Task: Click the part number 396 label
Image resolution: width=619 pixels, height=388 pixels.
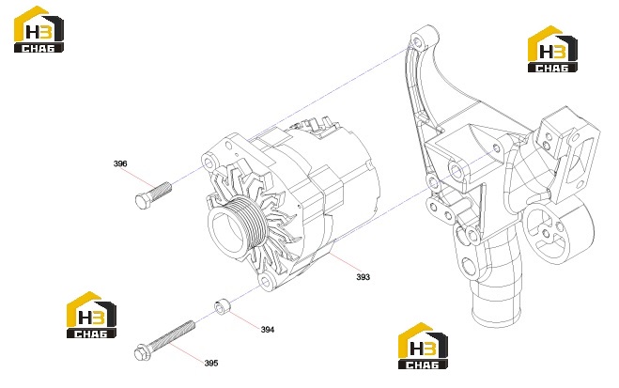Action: pyautogui.click(x=120, y=163)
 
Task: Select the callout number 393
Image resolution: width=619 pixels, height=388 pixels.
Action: pyautogui.click(x=363, y=277)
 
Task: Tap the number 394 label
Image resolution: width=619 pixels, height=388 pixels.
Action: pyautogui.click(x=268, y=330)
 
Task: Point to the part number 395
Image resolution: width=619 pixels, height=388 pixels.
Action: pyautogui.click(x=211, y=363)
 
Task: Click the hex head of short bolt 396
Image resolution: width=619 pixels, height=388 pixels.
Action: pyautogui.click(x=143, y=201)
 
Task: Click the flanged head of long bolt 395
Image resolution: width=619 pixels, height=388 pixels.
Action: pyautogui.click(x=141, y=352)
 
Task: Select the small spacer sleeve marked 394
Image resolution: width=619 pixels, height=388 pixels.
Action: pyautogui.click(x=223, y=306)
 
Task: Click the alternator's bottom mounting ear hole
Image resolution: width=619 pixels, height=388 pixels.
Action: pyautogui.click(x=266, y=282)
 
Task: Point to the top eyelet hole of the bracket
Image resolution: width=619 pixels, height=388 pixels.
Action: pyautogui.click(x=417, y=40)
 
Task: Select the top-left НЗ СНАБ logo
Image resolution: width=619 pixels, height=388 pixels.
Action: pyautogui.click(x=39, y=29)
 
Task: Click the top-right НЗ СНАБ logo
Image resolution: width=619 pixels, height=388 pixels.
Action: pyautogui.click(x=552, y=49)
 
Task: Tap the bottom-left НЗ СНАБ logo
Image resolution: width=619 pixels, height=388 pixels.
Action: pyautogui.click(x=91, y=315)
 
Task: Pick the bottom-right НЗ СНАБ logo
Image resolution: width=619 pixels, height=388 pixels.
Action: pyautogui.click(x=423, y=346)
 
